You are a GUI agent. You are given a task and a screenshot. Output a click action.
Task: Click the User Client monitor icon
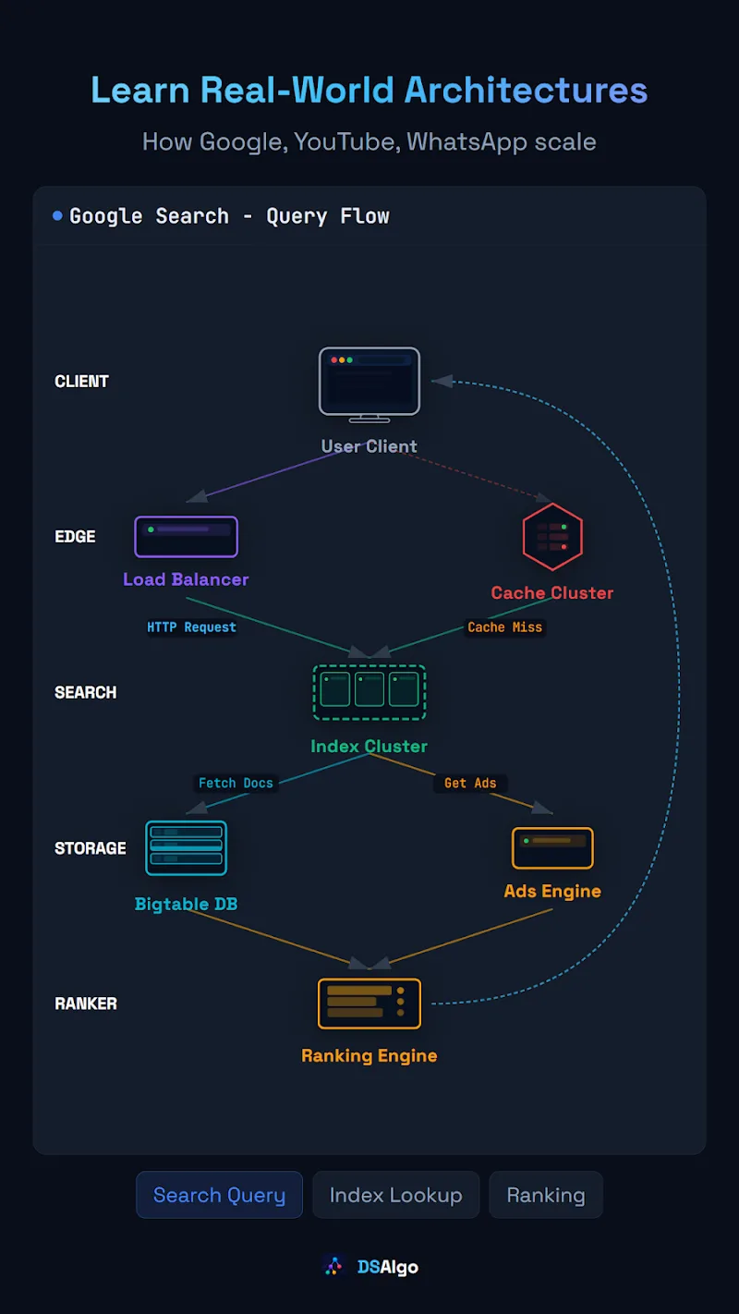pos(369,384)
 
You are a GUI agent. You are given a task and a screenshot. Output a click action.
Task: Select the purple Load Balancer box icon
pos(186,536)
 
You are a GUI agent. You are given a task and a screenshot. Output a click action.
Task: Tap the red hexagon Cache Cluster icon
pos(552,536)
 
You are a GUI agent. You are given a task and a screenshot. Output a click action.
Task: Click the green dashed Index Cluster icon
pos(369,692)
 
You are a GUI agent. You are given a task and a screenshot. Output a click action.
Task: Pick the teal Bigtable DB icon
pos(186,847)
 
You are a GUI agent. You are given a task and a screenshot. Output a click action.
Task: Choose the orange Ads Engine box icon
pos(552,847)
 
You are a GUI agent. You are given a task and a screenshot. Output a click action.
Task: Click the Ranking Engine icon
pos(369,1004)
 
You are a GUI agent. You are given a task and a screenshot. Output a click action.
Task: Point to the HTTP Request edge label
pos(191,627)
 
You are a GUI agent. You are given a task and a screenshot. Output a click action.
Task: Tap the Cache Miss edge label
pos(504,627)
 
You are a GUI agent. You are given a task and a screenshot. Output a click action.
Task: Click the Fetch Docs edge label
pos(236,783)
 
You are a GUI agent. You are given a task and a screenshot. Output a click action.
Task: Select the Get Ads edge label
pos(470,783)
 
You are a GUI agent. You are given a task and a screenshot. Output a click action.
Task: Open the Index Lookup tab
pos(396,1194)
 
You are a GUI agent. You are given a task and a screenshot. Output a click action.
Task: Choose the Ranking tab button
pos(546,1194)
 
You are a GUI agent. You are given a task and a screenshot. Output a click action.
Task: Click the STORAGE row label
pos(91,848)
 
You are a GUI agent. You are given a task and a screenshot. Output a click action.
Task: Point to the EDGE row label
pos(75,537)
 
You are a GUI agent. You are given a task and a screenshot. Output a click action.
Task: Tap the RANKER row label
pos(86,1004)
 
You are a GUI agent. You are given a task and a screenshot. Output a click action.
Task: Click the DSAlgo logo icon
pos(333,1266)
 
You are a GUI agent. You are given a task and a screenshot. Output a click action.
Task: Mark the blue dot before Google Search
pos(57,216)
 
